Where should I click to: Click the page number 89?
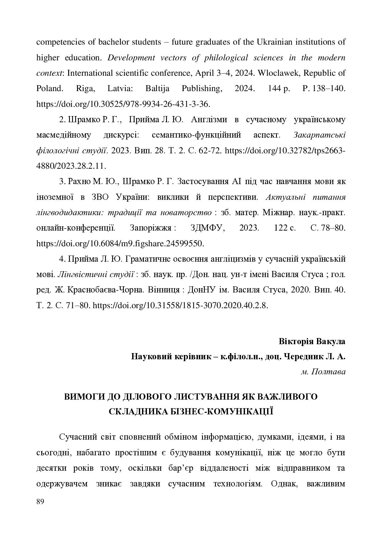pyautogui.click(x=40, y=502)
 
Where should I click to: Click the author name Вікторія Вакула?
pyautogui.click(x=312, y=341)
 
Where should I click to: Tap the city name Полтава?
pyautogui.click(x=328, y=372)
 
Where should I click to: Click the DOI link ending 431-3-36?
pyautogui.click(x=123, y=104)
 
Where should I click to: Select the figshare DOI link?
pyautogui.click(x=120, y=244)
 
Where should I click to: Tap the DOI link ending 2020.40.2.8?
pyautogui.click(x=180, y=305)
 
